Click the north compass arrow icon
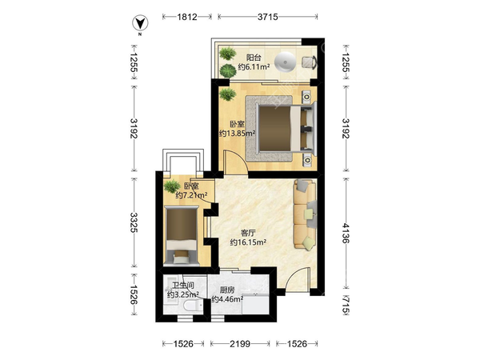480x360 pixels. (140, 23)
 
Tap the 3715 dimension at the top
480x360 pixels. (267, 17)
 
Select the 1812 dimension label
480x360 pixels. (187, 17)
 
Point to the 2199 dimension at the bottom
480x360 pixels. (240, 344)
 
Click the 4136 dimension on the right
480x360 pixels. (346, 233)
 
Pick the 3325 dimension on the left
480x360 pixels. (134, 222)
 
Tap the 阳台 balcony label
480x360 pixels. (254, 58)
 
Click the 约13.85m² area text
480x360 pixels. (238, 134)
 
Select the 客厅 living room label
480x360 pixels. (248, 233)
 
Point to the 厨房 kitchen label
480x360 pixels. (227, 290)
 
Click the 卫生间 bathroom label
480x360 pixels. (183, 286)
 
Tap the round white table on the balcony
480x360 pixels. (285, 62)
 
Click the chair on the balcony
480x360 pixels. (310, 62)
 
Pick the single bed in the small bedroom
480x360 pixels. (182, 235)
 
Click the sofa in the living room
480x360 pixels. (305, 214)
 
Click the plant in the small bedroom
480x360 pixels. (172, 186)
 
